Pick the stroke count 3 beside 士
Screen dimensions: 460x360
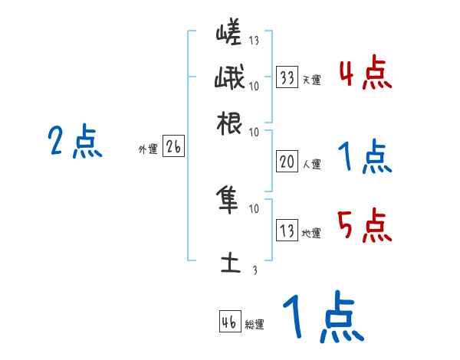[255, 270]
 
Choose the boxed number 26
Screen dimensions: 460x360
[173, 147]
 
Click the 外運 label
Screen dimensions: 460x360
[148, 150]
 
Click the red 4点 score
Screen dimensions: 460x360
[365, 74]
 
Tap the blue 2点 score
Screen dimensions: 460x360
[75, 142]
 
